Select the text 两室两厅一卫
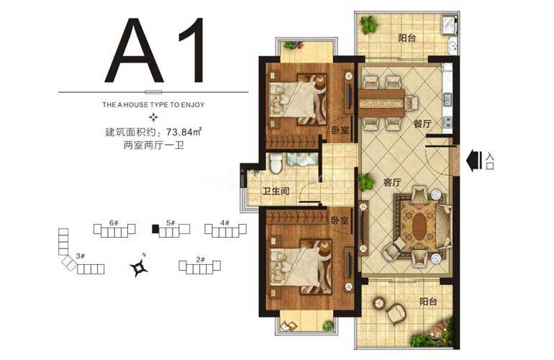[x=153, y=145]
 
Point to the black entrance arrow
[x=474, y=160]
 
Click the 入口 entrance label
[x=491, y=160]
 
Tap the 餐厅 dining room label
[x=422, y=124]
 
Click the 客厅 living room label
[x=392, y=181]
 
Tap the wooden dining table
[x=382, y=102]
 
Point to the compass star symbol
[x=139, y=268]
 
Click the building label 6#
[x=114, y=223]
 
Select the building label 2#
[x=200, y=259]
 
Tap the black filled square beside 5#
[x=155, y=230]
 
